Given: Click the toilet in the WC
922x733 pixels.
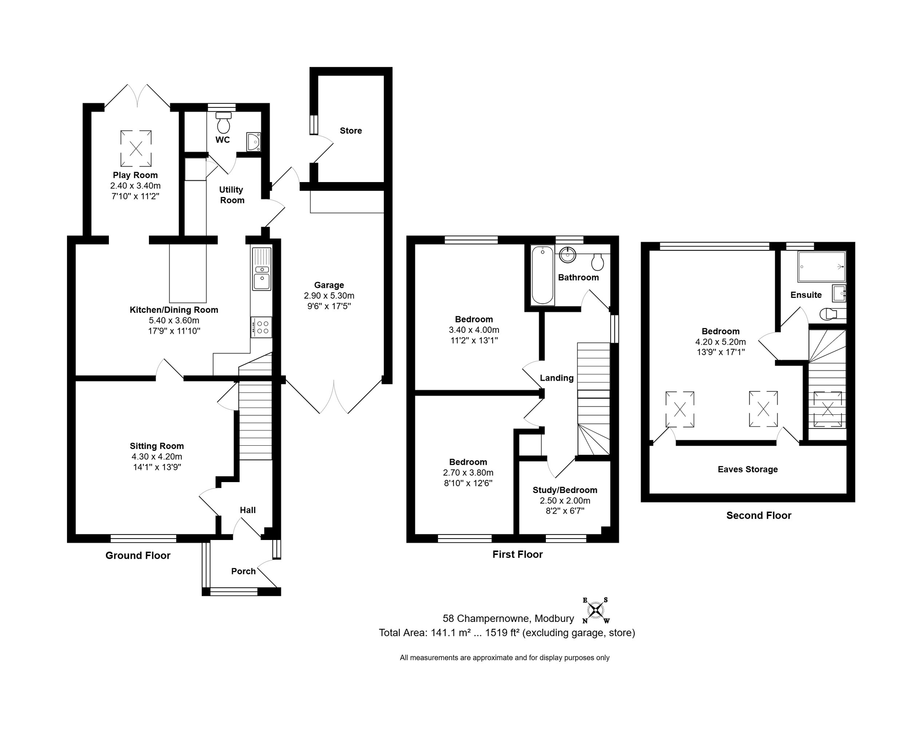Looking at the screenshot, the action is point(223,122).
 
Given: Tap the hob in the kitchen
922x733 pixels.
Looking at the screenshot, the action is point(261,327).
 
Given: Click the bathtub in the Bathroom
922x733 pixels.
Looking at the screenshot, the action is point(542,275).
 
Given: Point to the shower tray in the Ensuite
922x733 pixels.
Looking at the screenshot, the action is point(822,266).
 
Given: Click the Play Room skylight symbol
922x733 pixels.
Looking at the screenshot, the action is point(136,148).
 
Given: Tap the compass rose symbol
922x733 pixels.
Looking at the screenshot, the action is point(596,610).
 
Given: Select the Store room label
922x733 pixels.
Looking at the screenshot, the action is point(351,131).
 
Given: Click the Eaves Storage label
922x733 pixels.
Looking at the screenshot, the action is point(748,469).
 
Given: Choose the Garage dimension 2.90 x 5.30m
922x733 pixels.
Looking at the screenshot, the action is point(329,295).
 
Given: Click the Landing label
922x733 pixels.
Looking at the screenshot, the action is point(556,378).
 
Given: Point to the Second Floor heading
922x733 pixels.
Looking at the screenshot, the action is point(759,515).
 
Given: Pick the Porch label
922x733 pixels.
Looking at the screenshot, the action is point(243,571).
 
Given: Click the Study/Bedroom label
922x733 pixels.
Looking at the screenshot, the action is point(565,490).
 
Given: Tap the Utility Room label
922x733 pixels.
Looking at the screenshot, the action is point(232,195).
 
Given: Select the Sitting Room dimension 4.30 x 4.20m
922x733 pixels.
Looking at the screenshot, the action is point(157,457).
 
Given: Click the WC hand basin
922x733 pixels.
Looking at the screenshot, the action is point(254,142).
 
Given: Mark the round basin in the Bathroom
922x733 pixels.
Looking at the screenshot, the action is point(567,255).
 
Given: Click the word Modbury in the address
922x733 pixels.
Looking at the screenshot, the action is point(554,619).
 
